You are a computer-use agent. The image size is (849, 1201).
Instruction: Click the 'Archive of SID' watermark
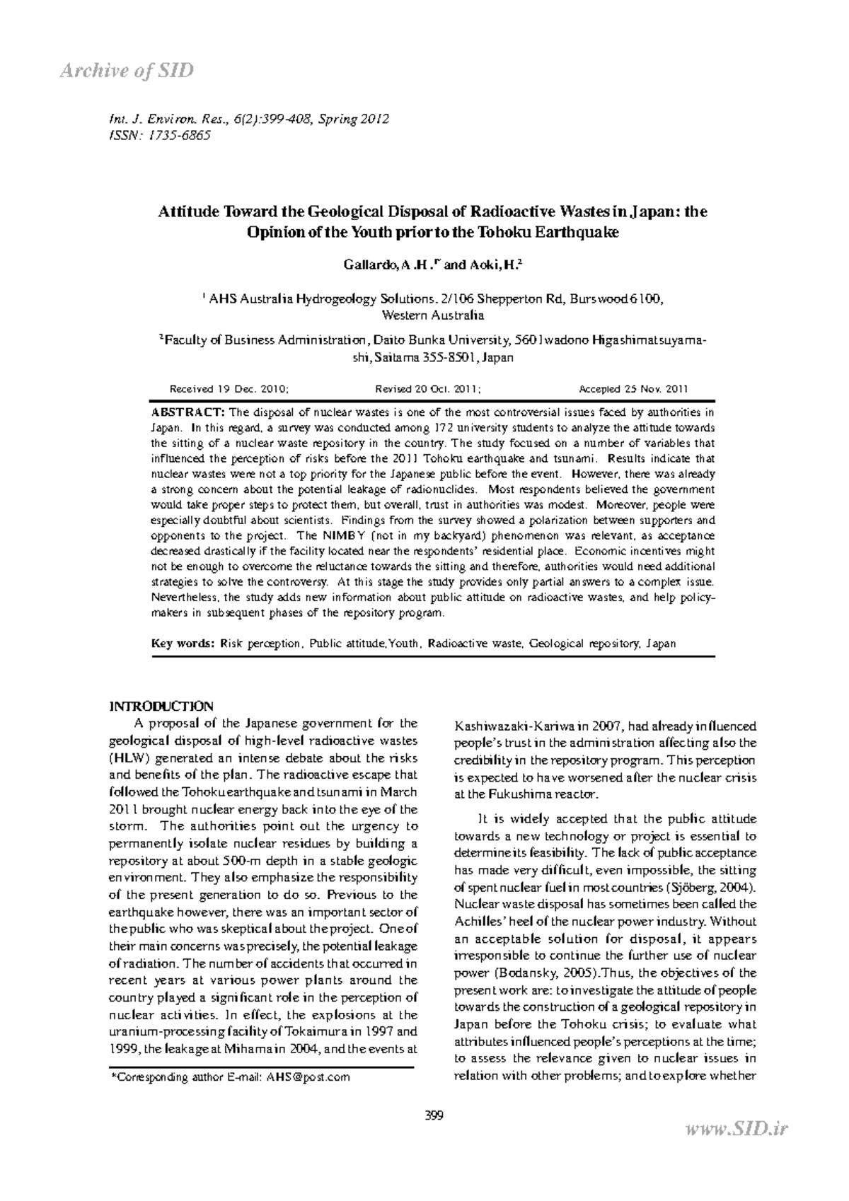click(x=126, y=71)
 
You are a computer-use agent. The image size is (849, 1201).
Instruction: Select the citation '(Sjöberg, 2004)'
click(x=711, y=887)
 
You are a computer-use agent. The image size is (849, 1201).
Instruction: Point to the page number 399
click(x=433, y=1116)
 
